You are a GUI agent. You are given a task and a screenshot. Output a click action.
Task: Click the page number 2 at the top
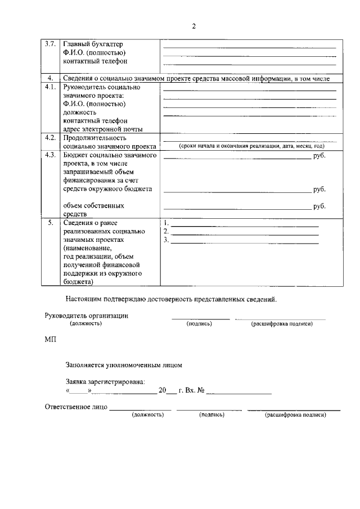[x=193, y=26]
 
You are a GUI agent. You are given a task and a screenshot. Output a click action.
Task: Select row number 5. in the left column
[x=51, y=222]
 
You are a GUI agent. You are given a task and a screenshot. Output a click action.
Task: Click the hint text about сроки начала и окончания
[x=251, y=146]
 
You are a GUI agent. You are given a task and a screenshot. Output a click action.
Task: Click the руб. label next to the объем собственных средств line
[x=319, y=206]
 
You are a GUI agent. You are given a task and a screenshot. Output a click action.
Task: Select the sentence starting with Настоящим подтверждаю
[x=171, y=299]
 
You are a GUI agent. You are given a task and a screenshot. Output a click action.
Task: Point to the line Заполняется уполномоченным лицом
[x=124, y=364]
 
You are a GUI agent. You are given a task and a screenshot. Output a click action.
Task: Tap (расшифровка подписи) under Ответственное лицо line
[x=295, y=415]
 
